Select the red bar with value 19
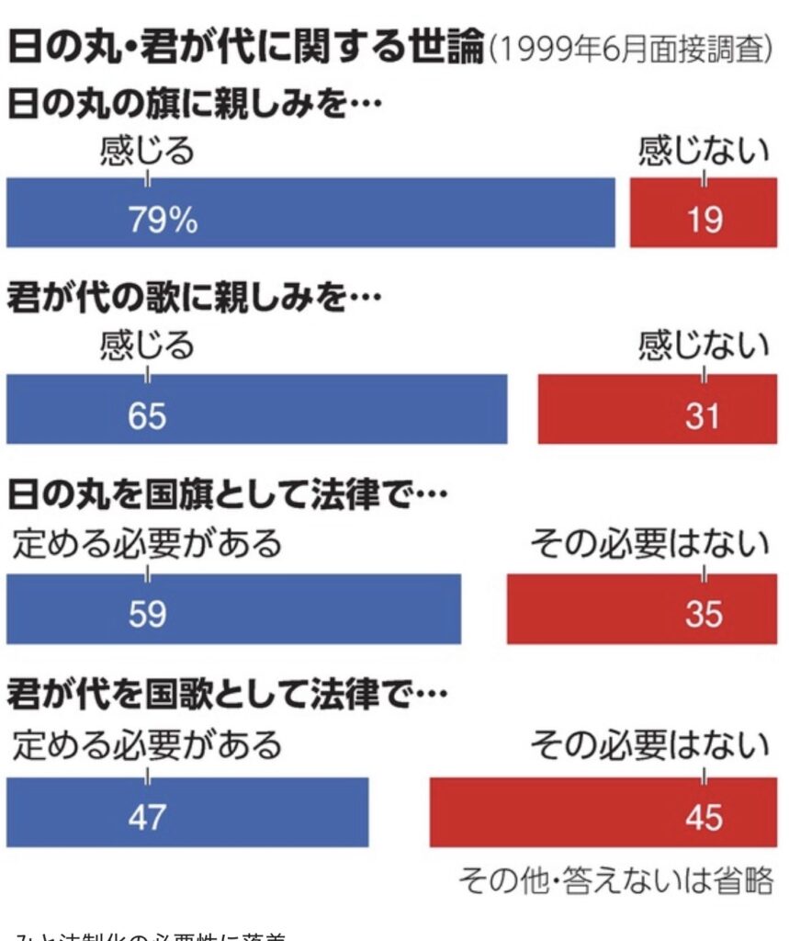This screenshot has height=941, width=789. [703, 213]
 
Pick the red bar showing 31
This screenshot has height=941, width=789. [657, 409]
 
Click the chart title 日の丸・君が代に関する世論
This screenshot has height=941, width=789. [245, 48]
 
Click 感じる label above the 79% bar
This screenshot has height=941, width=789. [147, 150]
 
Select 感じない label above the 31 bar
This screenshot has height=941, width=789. [703, 346]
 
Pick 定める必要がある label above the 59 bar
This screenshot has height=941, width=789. [147, 544]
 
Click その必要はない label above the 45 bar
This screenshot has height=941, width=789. [649, 745]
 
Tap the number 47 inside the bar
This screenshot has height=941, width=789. [147, 815]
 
